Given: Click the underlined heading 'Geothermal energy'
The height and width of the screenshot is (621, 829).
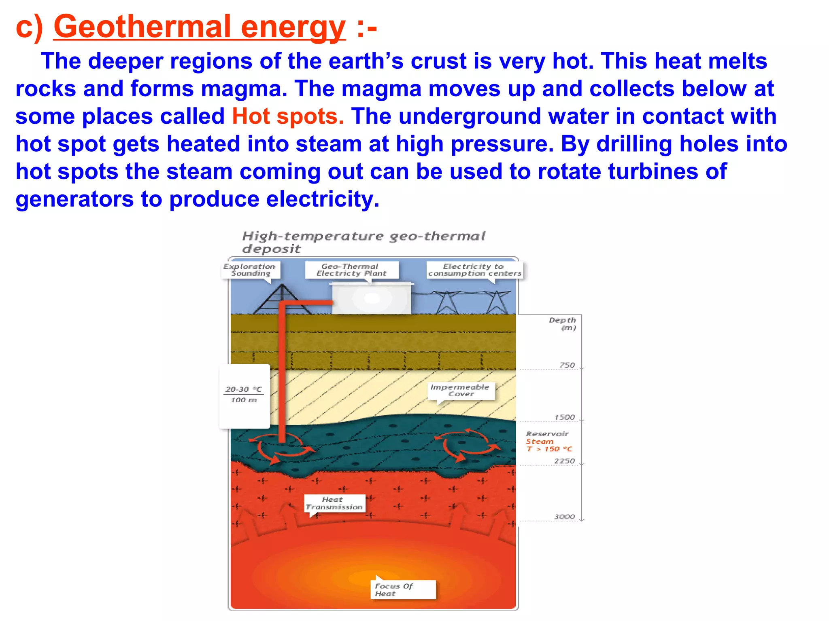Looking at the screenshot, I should (200, 27).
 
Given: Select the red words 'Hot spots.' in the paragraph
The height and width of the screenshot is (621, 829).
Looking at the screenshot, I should (288, 116).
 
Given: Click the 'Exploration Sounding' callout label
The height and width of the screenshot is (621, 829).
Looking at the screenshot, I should (250, 270).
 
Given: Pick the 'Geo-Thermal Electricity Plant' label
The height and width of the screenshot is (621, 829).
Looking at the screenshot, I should (351, 270).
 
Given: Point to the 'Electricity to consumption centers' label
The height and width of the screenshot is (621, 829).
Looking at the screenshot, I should (474, 270).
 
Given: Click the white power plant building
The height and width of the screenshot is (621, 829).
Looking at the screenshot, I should (372, 299).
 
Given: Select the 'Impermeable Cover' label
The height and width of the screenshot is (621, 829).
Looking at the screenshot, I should (460, 390).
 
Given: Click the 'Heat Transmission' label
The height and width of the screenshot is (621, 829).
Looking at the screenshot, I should (334, 503).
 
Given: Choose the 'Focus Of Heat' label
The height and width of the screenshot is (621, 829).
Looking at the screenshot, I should (393, 589).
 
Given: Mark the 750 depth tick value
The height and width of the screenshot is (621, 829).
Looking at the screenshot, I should (567, 365).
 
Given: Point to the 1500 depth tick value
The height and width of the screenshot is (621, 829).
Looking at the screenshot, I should (565, 417).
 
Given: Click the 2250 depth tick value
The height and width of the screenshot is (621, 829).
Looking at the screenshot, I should (565, 461).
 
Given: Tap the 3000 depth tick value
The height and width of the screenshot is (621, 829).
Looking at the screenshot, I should (565, 517).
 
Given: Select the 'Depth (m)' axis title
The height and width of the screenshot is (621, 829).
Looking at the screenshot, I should (563, 323).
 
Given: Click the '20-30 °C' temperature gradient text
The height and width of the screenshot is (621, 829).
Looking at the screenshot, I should (243, 389).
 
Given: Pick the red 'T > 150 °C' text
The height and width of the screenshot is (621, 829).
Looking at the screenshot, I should (549, 449).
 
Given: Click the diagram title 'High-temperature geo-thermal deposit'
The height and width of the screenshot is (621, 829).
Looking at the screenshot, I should (363, 242).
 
